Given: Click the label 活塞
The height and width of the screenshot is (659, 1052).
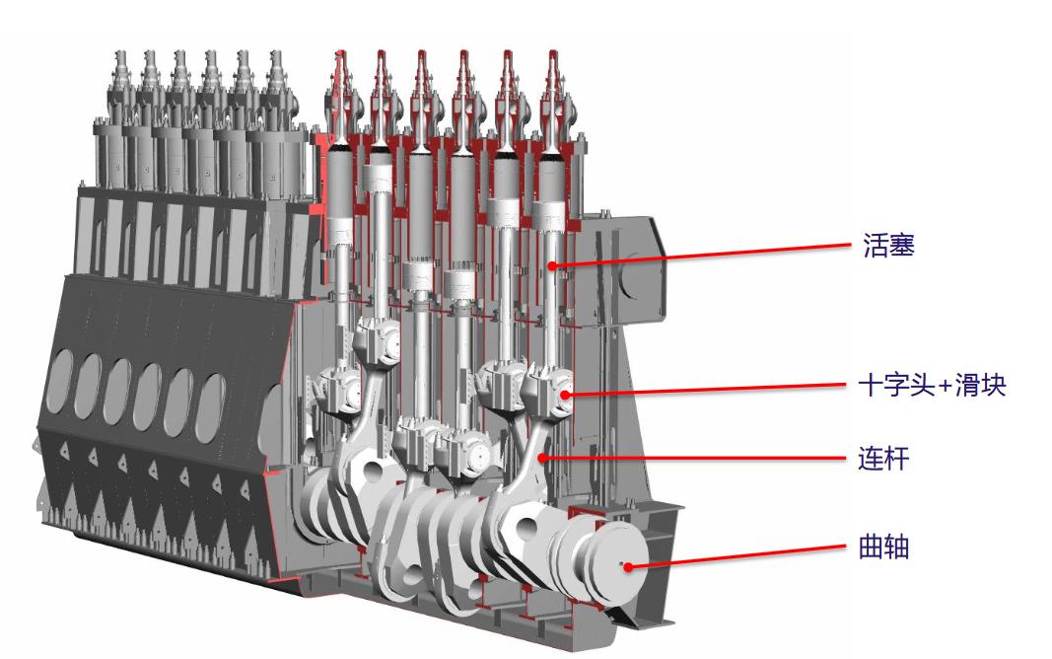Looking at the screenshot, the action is (888, 246).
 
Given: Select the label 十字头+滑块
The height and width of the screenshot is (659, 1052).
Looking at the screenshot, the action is (933, 386).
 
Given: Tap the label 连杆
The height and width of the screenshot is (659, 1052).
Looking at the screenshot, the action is (883, 459).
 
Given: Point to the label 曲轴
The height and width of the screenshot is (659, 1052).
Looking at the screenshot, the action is (883, 547).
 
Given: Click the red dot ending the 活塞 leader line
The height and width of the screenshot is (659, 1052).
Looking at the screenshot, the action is (552, 265).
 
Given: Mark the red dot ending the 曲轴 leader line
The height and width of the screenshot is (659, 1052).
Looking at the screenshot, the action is (628, 567).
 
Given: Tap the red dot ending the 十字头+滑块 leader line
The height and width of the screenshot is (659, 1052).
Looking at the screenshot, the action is (565, 394).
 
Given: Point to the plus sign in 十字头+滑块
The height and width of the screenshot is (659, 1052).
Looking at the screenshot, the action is (945, 387).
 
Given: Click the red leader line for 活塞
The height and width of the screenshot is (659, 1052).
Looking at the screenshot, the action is (702, 256).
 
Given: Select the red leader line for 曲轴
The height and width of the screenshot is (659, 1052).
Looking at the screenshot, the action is (736, 557).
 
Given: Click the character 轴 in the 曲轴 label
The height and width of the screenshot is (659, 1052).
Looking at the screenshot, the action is (897, 547).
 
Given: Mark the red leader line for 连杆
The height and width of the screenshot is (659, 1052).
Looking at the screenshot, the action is (694, 459).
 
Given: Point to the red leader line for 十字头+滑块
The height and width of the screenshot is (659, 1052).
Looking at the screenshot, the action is (705, 390).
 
